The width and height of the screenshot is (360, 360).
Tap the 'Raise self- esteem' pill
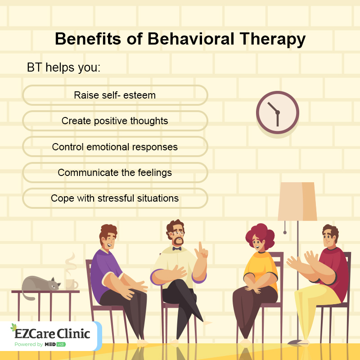tap(115, 95)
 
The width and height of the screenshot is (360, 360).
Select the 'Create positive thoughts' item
tap(115, 121)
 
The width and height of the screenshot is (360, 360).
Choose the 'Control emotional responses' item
tap(115, 147)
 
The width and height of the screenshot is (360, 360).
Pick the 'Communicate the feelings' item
tap(115, 172)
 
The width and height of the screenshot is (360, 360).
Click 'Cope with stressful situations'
tap(115, 198)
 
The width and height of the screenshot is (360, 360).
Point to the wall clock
tap(277, 112)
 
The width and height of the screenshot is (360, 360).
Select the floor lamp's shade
tap(297, 201)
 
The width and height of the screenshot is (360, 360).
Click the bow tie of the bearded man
tap(176, 248)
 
